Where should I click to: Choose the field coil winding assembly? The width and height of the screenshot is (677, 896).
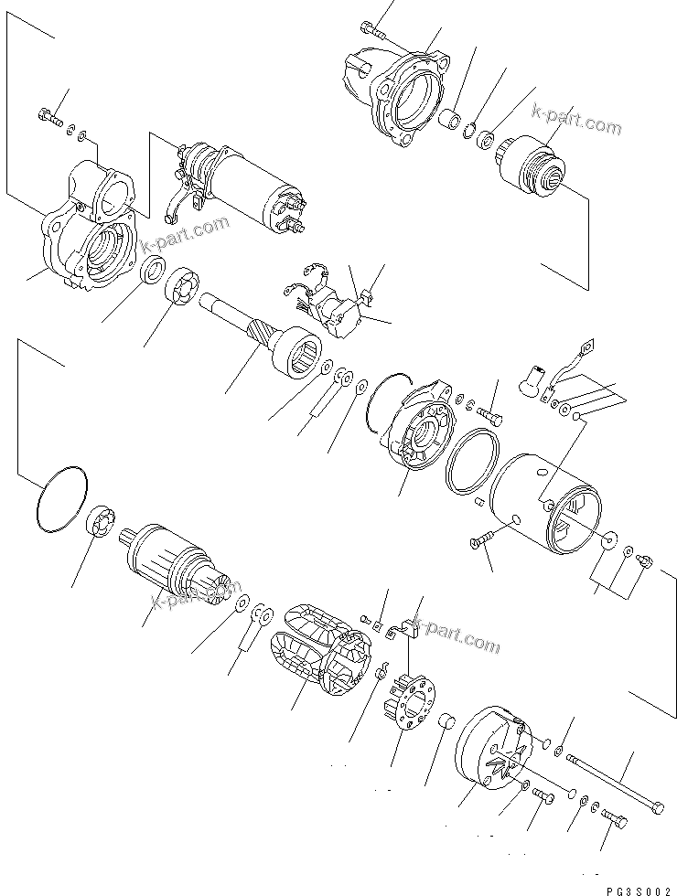click(x=320, y=653)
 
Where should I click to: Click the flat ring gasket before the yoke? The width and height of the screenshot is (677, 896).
click(x=473, y=463)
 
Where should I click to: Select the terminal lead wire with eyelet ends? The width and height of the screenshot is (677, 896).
click(x=572, y=360)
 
